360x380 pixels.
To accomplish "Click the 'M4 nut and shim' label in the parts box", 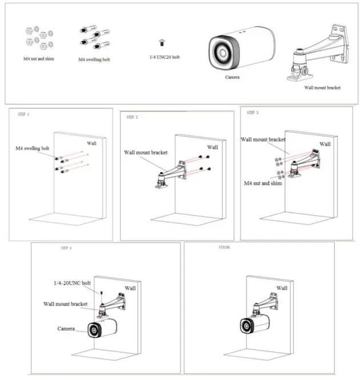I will [39, 58].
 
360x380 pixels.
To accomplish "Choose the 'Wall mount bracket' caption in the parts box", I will [322, 88].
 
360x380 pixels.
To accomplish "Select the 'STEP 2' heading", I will [132, 117].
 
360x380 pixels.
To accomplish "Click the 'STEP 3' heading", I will [252, 113].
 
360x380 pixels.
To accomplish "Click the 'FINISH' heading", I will [225, 249].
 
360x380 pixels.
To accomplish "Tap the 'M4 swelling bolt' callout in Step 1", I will [33, 148].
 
